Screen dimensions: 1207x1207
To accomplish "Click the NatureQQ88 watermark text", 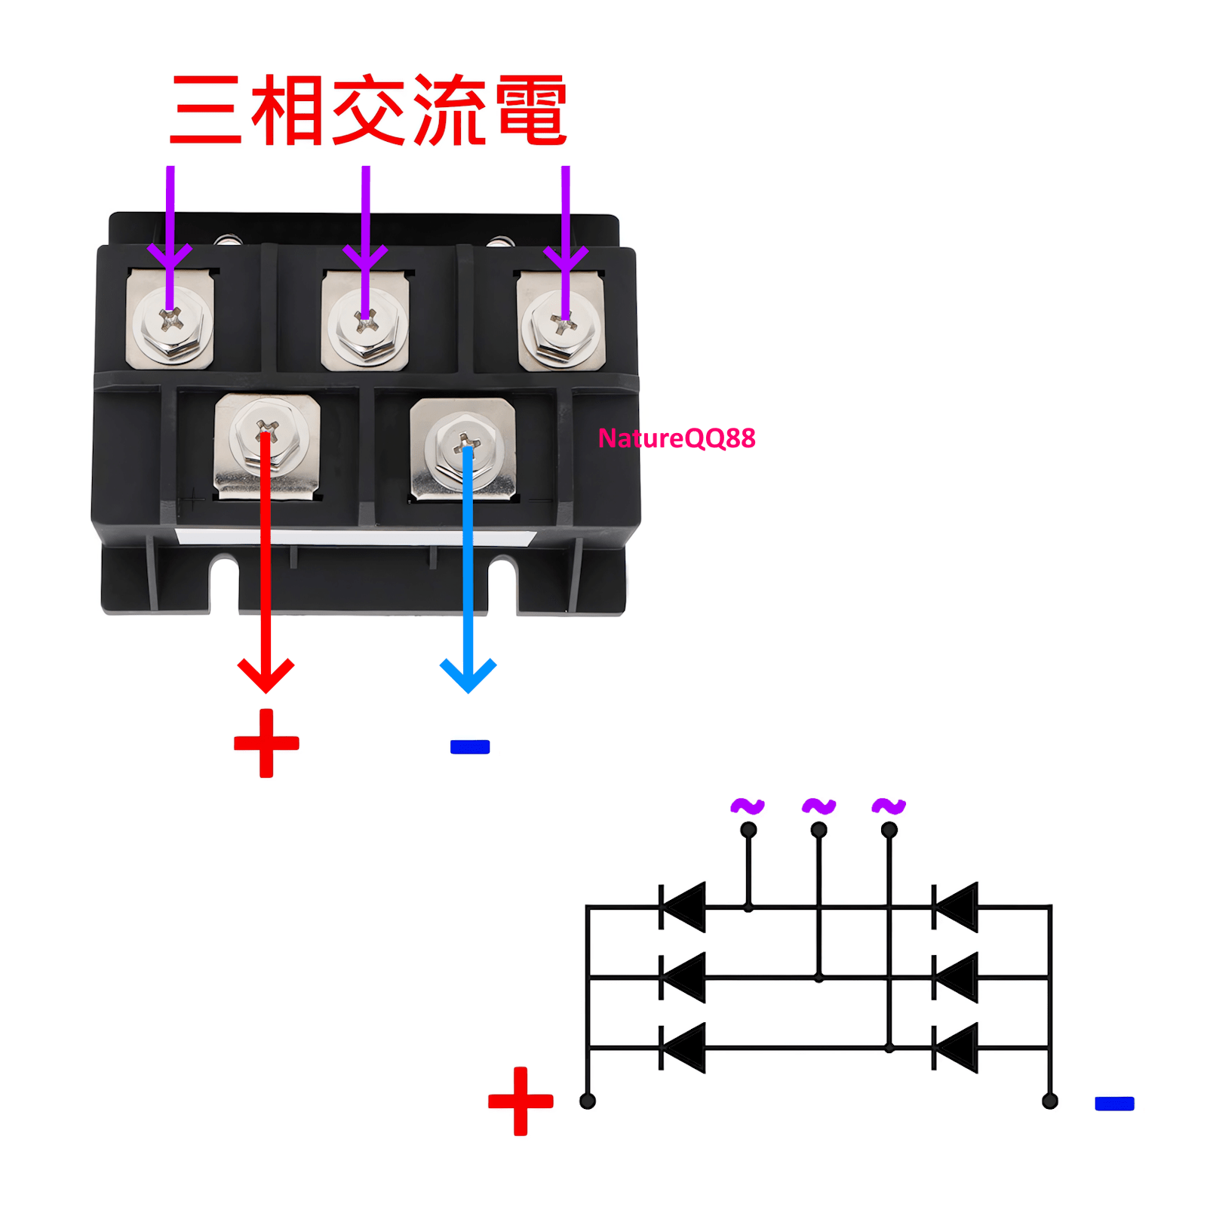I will pyautogui.click(x=676, y=438).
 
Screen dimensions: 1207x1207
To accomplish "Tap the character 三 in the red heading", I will pyautogui.click(x=205, y=110).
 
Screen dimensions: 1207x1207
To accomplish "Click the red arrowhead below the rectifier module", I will pyautogui.click(x=266, y=674).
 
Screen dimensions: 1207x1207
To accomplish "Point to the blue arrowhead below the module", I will pyautogui.click(x=468, y=674).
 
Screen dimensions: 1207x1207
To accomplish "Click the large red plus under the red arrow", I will pyautogui.click(x=266, y=743).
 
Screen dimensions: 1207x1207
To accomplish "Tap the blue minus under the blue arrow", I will pyautogui.click(x=469, y=747).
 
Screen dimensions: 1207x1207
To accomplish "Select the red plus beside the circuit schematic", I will pyautogui.click(x=521, y=1101).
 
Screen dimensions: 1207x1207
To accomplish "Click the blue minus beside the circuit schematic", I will pyautogui.click(x=1114, y=1104).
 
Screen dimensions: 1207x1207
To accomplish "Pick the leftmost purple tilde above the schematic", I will pyautogui.click(x=748, y=806).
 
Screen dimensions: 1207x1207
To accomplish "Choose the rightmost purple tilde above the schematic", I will pyautogui.click(x=889, y=806).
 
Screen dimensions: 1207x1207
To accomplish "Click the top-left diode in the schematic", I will pyautogui.click(x=683, y=907).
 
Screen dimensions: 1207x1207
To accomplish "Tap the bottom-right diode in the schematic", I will pyautogui.click(x=956, y=1048).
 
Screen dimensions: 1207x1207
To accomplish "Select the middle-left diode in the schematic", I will pyautogui.click(x=683, y=978).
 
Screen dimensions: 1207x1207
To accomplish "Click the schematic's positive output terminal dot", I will pyautogui.click(x=588, y=1101).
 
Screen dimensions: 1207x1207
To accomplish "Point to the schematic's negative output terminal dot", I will pyautogui.click(x=1049, y=1101).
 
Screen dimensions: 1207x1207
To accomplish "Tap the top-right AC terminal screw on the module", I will pyautogui.click(x=562, y=326).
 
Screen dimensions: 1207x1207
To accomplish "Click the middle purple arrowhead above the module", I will pyautogui.click(x=365, y=256).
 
